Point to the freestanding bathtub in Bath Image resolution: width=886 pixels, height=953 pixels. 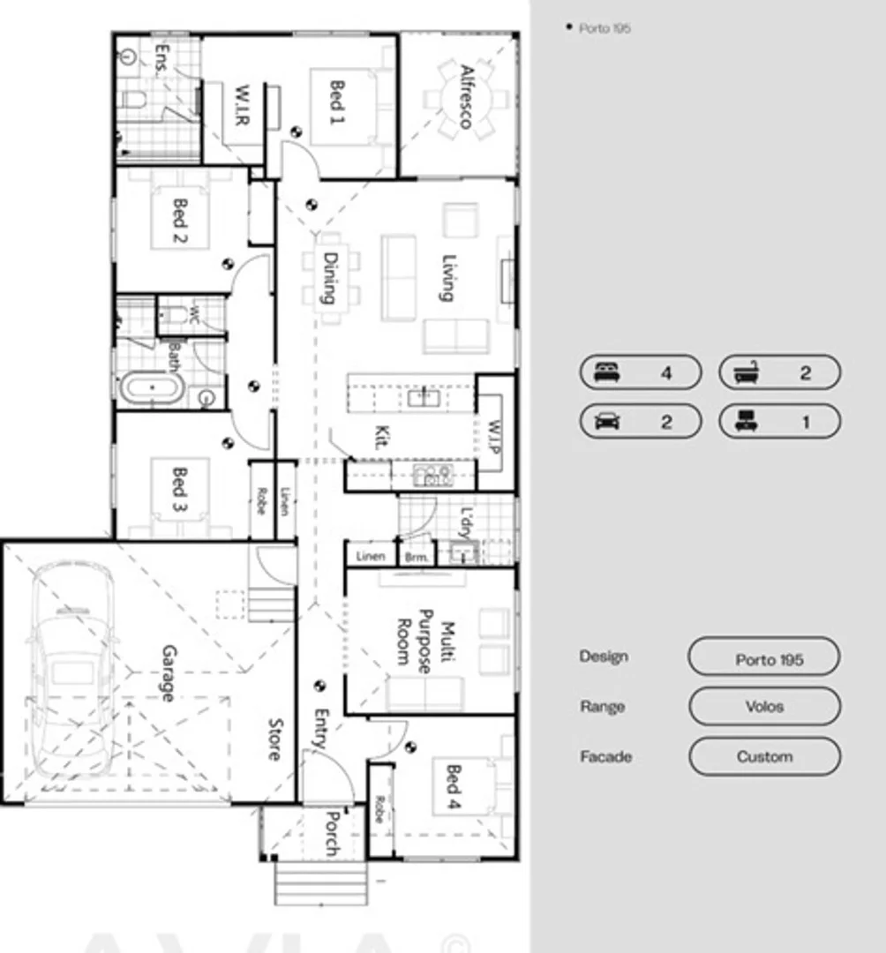pos(151,388)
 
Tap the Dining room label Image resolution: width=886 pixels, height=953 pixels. pos(330,278)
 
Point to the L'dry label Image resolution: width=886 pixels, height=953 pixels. pos(465,522)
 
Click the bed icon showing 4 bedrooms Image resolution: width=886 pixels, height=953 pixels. pos(607,372)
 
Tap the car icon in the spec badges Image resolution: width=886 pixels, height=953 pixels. pos(607,421)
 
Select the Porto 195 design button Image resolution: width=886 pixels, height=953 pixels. pos(763,659)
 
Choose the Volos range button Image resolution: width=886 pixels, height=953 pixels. pos(763,707)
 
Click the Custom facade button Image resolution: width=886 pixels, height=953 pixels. pos(763,757)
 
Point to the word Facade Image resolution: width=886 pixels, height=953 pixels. pos(605,757)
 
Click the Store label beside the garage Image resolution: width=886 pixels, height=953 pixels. pos(274,739)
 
